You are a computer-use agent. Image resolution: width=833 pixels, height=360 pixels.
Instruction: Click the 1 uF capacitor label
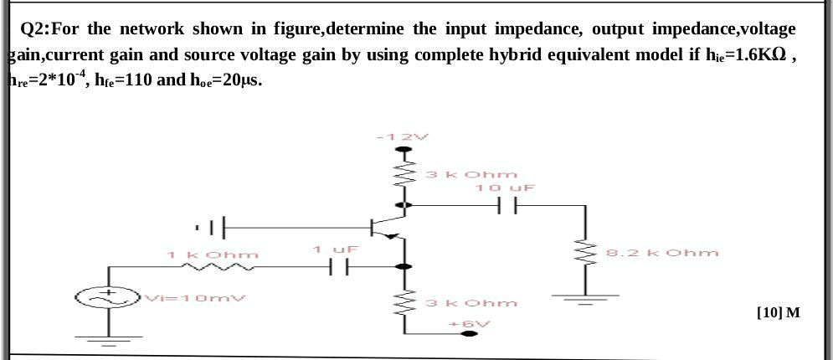pos(336,249)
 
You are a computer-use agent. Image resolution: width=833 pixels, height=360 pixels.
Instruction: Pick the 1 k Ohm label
pos(213,254)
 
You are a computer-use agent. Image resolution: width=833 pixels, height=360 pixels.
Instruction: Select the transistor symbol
pos(387,228)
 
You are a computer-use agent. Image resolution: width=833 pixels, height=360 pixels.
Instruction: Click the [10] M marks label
pos(777,313)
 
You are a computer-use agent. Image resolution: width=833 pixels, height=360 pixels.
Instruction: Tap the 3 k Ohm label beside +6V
pos(471,302)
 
